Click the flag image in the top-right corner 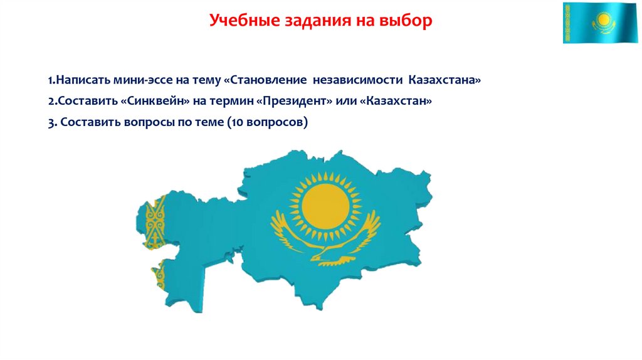point(599,23)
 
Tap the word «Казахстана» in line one point(445,81)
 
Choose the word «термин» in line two point(236,102)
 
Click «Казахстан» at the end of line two point(397,102)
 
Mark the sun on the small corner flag point(603,19)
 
